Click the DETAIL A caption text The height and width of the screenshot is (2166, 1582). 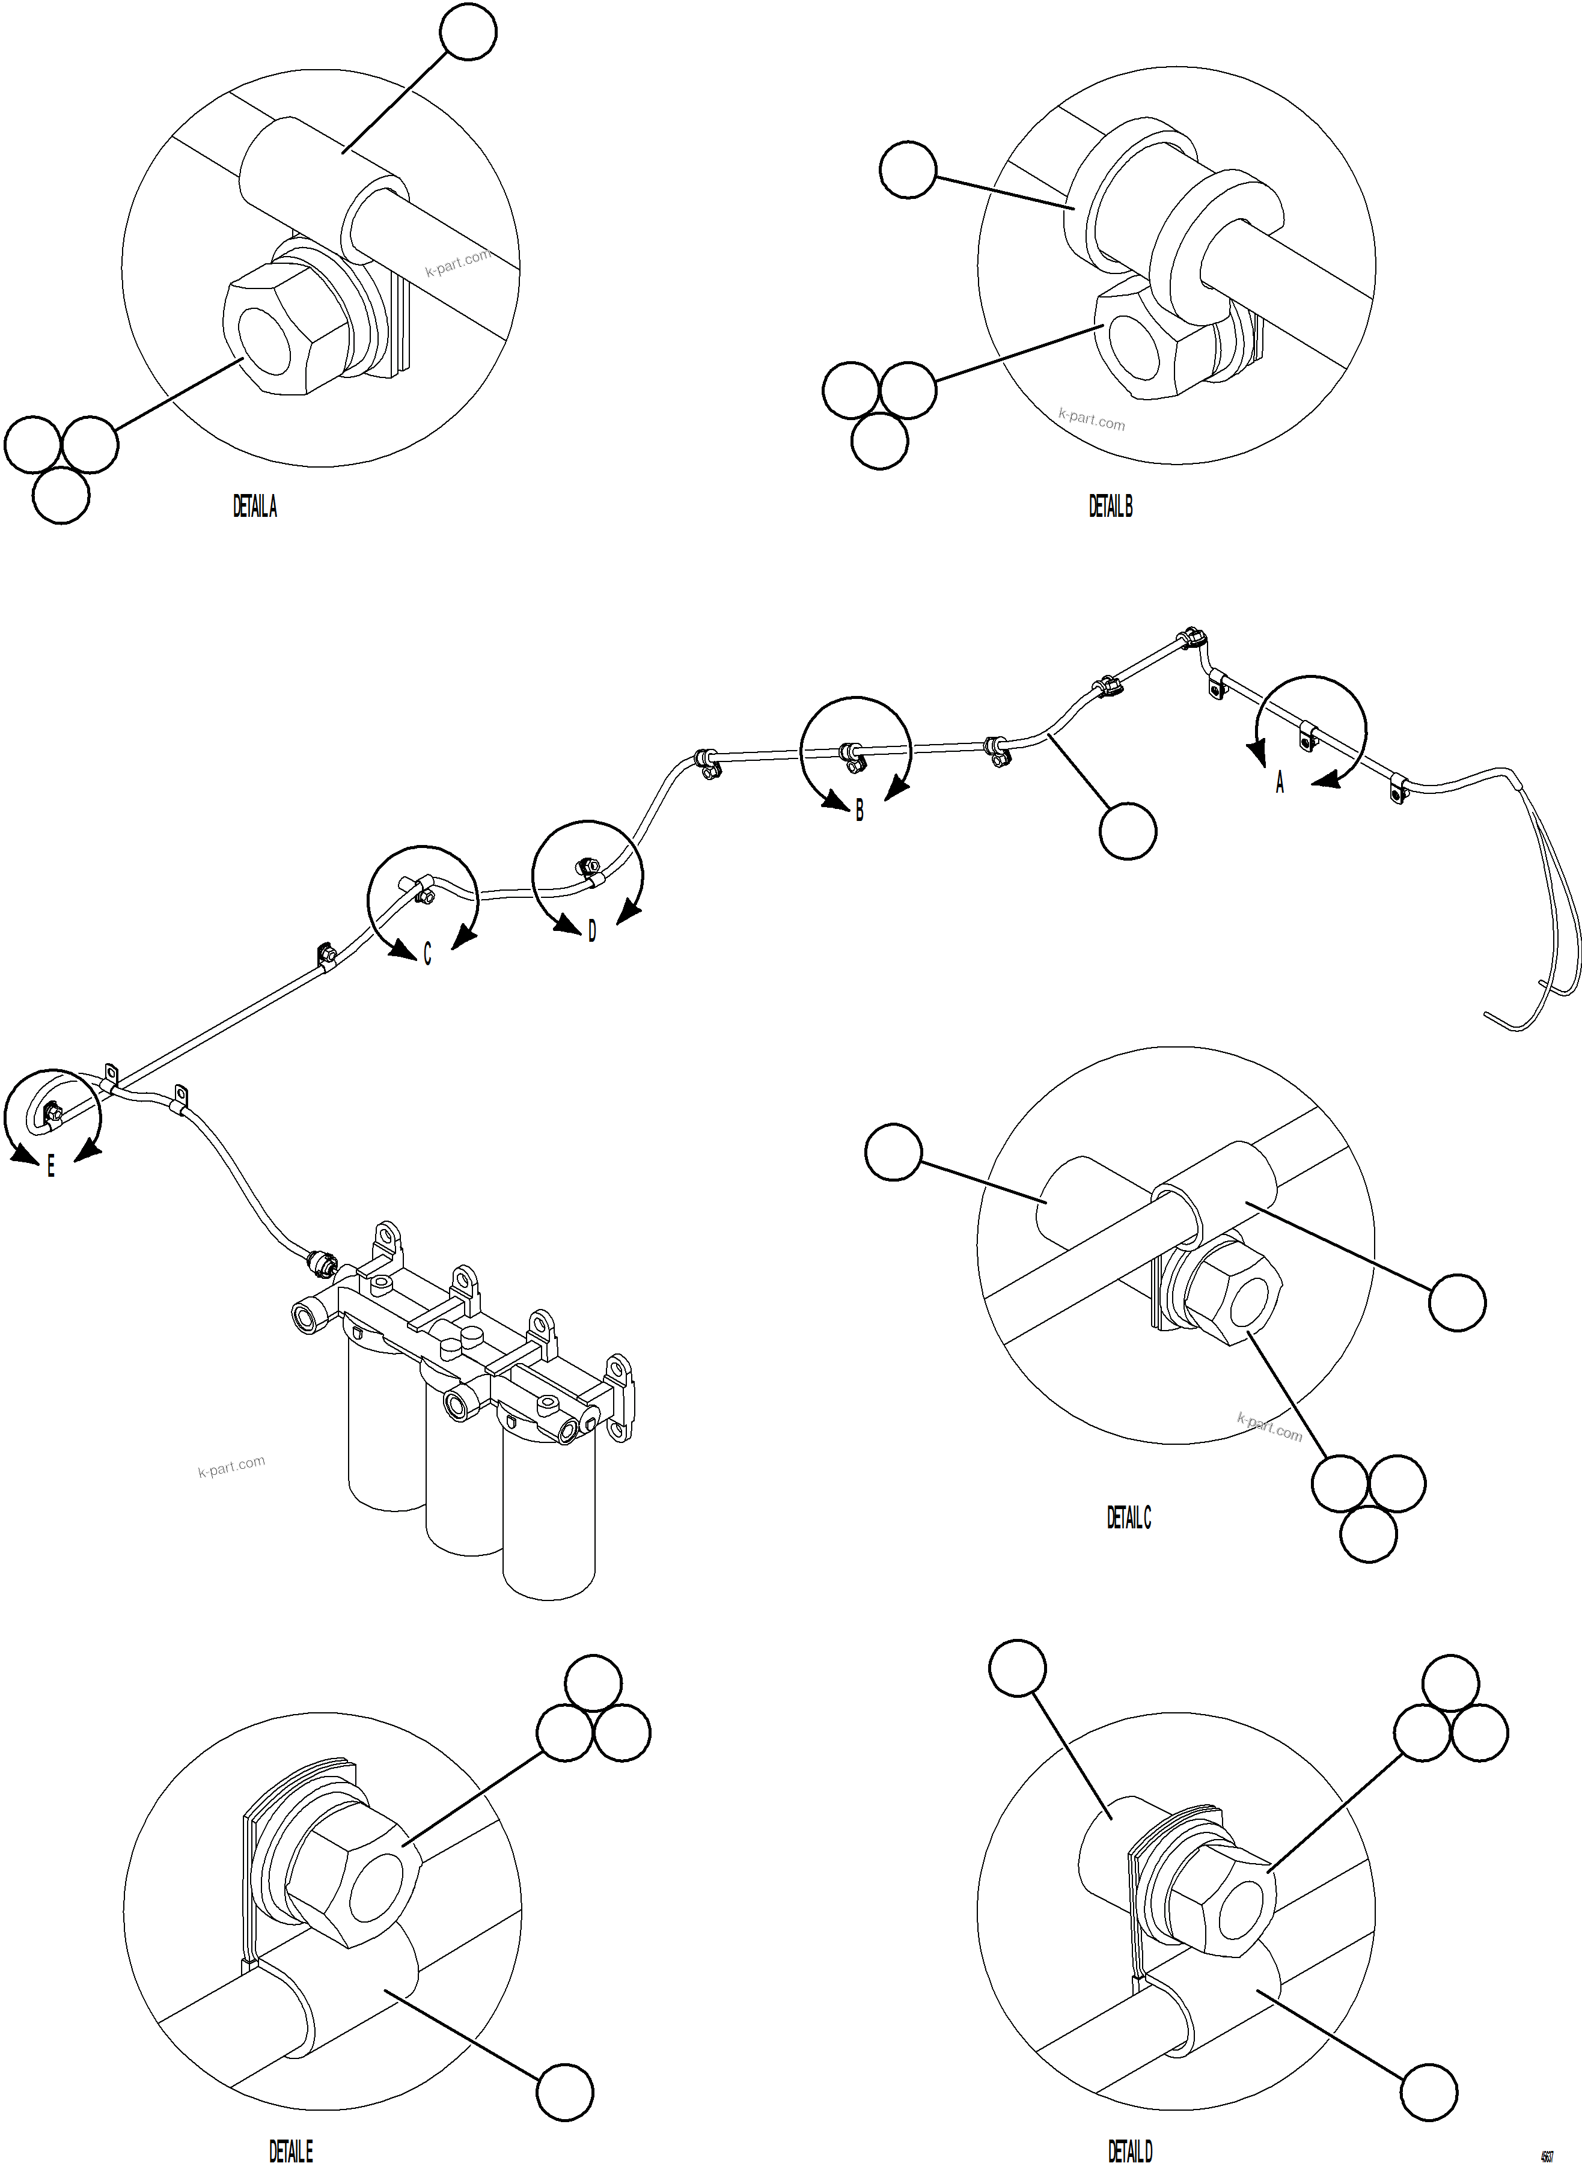click(x=255, y=507)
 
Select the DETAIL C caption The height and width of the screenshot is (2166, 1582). click(x=1129, y=1518)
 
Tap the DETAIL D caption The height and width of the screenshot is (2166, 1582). click(x=1130, y=2152)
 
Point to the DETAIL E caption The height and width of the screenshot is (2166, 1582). click(x=290, y=2152)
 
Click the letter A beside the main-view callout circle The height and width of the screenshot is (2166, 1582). click(x=1280, y=783)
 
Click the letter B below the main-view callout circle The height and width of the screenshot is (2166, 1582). click(x=859, y=811)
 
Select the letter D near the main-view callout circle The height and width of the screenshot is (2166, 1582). click(x=592, y=931)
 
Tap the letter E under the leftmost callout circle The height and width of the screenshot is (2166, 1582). click(x=50, y=1167)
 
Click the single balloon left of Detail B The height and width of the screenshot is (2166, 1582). click(x=908, y=169)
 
